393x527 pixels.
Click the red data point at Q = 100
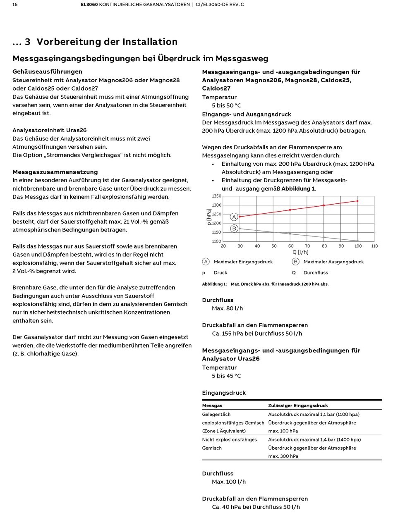[x=357, y=201]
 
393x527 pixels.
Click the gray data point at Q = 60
[x=290, y=234]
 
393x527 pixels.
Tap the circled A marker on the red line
[x=234, y=217]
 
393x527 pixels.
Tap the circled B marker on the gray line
[x=234, y=229]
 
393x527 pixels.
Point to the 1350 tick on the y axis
[x=216, y=196]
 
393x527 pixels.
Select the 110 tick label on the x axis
[x=374, y=246]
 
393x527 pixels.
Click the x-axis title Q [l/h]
[x=301, y=252]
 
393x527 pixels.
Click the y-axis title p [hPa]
[x=209, y=217]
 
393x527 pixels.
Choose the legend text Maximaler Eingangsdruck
[x=243, y=262]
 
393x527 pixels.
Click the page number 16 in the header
[x=15, y=5]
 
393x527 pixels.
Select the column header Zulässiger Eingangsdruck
[x=298, y=405]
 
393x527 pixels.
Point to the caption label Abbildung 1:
[x=214, y=284]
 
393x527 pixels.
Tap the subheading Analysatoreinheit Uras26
[x=50, y=130]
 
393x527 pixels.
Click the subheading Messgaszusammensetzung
[x=55, y=172]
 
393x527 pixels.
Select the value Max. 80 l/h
[x=228, y=308]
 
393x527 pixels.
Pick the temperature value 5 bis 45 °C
[x=226, y=376]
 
